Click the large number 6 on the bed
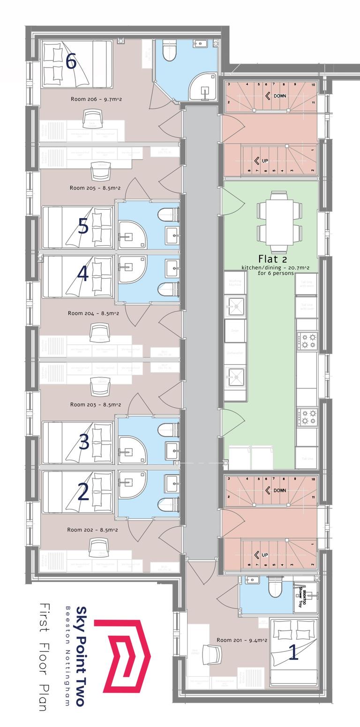coord(71,61)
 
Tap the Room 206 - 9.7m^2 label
coord(96,99)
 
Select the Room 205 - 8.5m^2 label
coord(95,188)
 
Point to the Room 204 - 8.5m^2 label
coord(93,313)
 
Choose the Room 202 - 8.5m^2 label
coord(92,530)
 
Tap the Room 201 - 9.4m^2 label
coord(242,640)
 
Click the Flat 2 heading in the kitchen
coord(272,259)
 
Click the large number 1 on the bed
coord(293,653)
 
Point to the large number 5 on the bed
coord(83,227)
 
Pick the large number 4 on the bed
coord(82,274)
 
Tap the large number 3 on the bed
coord(83,442)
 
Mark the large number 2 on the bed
coord(83,492)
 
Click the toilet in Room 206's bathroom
coord(168,50)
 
